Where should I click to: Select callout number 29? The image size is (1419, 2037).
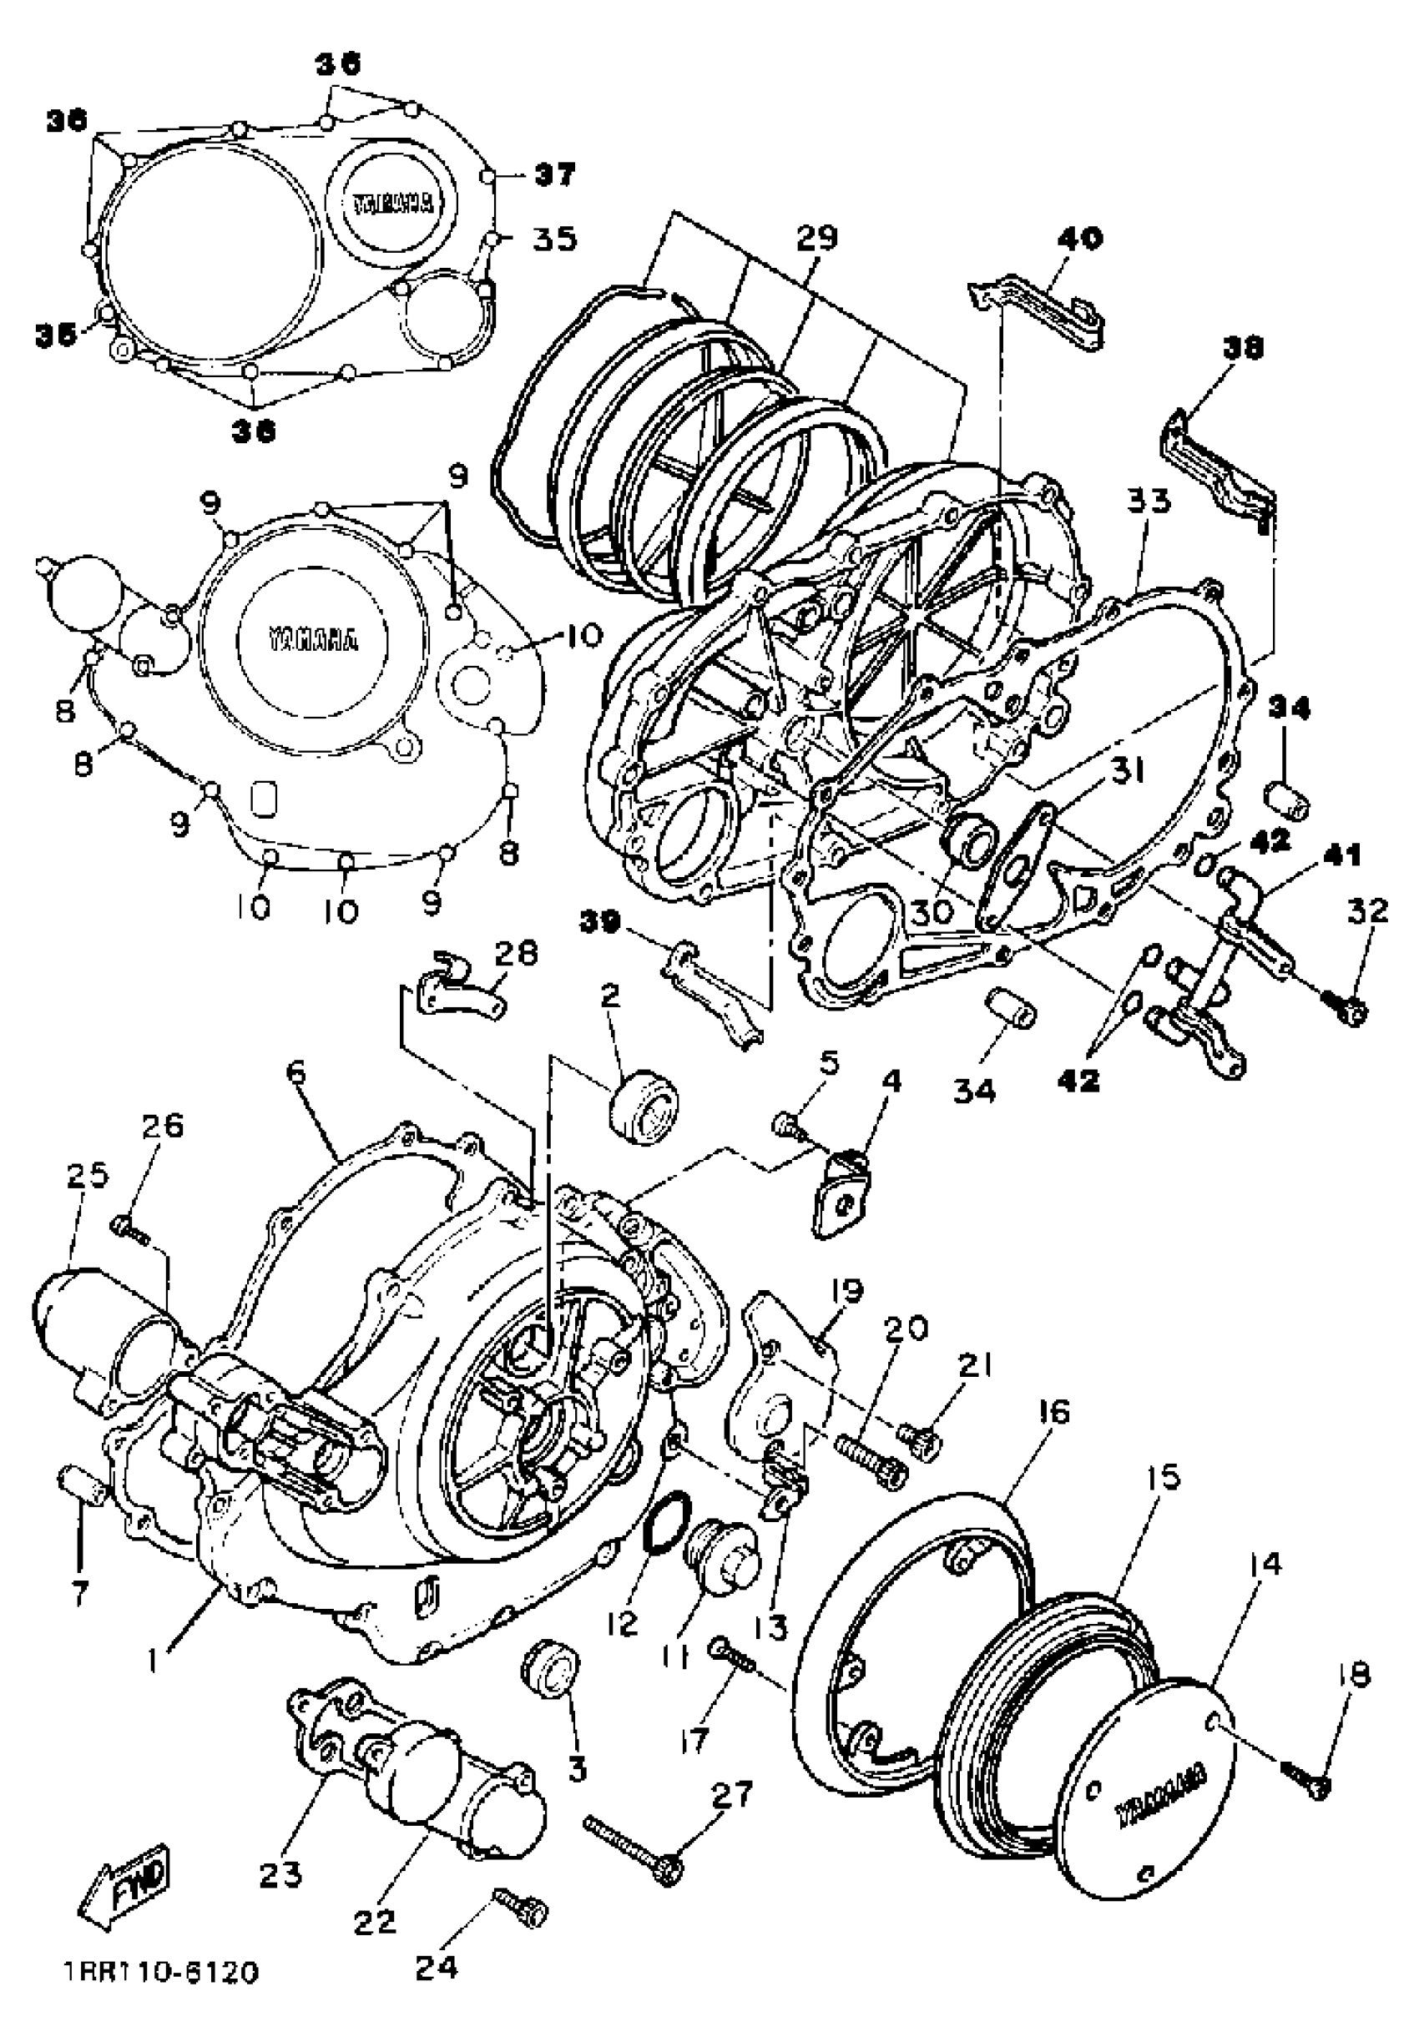pos(816,238)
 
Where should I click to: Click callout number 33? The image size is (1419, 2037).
pos(1149,502)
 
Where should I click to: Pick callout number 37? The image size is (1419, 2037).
pos(554,174)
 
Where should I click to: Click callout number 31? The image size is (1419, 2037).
pos(1129,772)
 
